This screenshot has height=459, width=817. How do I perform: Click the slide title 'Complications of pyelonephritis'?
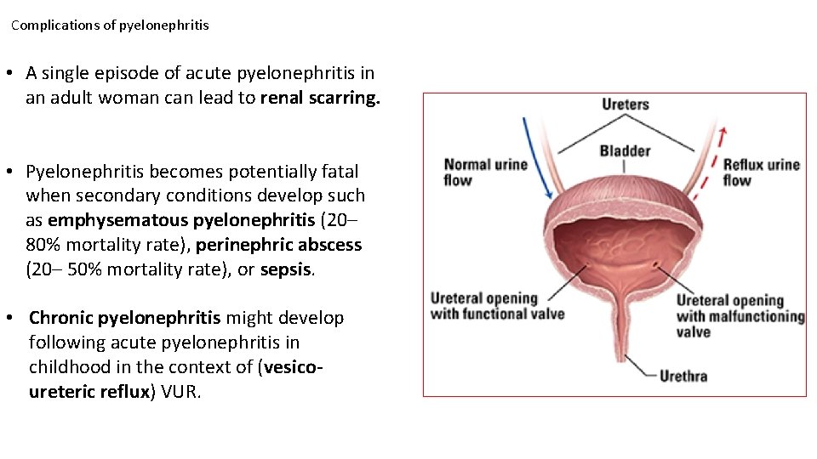pyautogui.click(x=110, y=25)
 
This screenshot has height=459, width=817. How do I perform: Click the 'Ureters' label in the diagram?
pyautogui.click(x=625, y=105)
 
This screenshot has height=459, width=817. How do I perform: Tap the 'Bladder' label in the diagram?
pyautogui.click(x=625, y=151)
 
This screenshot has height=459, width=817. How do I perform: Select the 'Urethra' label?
pyautogui.click(x=683, y=376)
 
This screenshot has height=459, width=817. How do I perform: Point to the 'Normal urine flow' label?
pyautogui.click(x=485, y=172)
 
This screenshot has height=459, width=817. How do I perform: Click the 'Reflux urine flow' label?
pyautogui.click(x=761, y=172)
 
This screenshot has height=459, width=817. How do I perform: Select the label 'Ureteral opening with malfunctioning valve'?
pyautogui.click(x=740, y=315)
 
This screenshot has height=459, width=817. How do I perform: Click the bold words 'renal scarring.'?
pyautogui.click(x=321, y=98)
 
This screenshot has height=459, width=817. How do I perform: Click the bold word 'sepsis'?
pyautogui.click(x=287, y=270)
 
